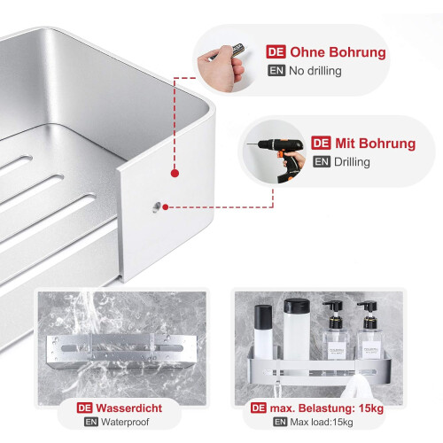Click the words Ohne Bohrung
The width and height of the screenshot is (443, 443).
pos(338,52)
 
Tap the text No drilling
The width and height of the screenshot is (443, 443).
pos(315,71)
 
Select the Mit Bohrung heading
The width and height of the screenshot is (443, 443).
pos(375,144)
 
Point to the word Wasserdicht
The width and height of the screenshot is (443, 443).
pos(129,408)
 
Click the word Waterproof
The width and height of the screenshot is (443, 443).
pos(125,422)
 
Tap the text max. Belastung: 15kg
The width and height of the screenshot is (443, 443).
pos(327,408)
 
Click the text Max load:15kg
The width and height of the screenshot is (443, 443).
pos(322,422)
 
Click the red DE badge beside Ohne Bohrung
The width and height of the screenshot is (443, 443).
pos(276,52)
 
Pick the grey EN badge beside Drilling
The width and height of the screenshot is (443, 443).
pos(322,162)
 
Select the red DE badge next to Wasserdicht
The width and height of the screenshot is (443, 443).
pos(84,408)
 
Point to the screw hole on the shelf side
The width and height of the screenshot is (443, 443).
pos(157,206)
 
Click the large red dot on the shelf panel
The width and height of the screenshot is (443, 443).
pos(175,174)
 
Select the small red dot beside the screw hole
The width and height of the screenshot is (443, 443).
pos(166,207)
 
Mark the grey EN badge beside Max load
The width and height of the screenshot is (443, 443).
pos(280,422)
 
